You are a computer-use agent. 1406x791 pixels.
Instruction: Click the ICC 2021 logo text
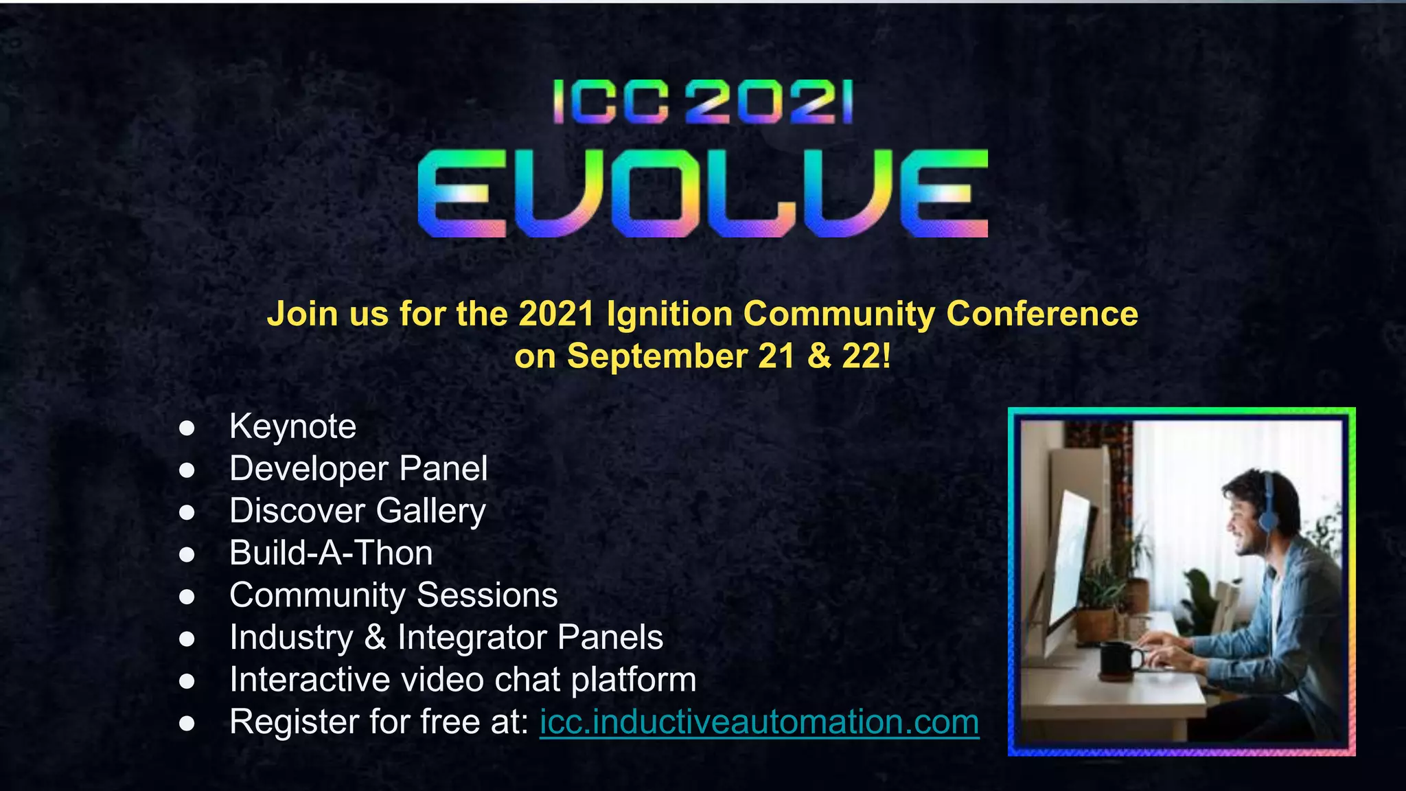pyautogui.click(x=702, y=102)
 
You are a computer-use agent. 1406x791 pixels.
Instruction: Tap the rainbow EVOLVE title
pyautogui.click(x=702, y=194)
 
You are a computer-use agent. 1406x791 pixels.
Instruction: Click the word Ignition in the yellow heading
pyautogui.click(x=669, y=314)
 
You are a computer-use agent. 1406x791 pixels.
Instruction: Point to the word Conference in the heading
pyautogui.click(x=1042, y=314)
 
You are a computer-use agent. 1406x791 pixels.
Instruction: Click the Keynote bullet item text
pyautogui.click(x=293, y=426)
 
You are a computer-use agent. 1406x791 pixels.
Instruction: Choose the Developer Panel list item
pyautogui.click(x=358, y=469)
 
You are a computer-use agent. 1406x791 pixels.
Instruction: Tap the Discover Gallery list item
pyautogui.click(x=358, y=512)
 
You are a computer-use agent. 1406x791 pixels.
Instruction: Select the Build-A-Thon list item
pyautogui.click(x=331, y=553)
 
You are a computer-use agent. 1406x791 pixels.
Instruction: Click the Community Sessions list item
pyautogui.click(x=393, y=595)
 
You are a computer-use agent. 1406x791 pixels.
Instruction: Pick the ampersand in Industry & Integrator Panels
pyautogui.click(x=375, y=638)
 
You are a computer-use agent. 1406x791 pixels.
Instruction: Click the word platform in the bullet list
pyautogui.click(x=634, y=680)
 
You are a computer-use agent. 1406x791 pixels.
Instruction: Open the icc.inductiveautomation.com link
pyautogui.click(x=759, y=722)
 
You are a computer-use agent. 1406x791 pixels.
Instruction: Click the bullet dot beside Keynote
pyautogui.click(x=187, y=428)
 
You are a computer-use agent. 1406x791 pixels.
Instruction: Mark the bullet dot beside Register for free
pyautogui.click(x=187, y=724)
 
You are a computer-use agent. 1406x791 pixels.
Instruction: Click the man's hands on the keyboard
pyautogui.click(x=1167, y=649)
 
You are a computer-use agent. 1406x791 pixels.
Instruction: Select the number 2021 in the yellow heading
pyautogui.click(x=556, y=314)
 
